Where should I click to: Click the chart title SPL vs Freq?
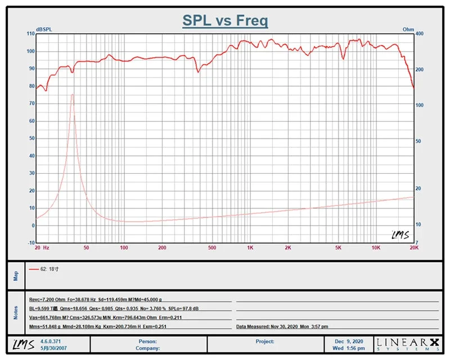(225, 21)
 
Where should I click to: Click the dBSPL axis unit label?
(44, 30)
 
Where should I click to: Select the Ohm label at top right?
(408, 30)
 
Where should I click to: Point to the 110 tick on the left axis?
(31, 34)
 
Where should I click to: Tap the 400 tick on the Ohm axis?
(419, 34)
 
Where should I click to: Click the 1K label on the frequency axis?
(250, 247)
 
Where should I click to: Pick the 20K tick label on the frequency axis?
(414, 247)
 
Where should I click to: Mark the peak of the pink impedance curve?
(73, 94)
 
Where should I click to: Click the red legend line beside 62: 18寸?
(34, 269)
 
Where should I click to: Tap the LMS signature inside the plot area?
(400, 235)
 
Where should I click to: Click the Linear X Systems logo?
(408, 344)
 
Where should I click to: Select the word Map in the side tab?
(16, 276)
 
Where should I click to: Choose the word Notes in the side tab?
(16, 313)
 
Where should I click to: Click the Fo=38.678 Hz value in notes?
(82, 300)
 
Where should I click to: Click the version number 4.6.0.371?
(51, 341)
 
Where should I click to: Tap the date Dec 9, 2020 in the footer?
(349, 341)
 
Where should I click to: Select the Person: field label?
(147, 341)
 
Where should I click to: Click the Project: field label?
(264, 341)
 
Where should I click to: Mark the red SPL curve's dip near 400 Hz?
(198, 72)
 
